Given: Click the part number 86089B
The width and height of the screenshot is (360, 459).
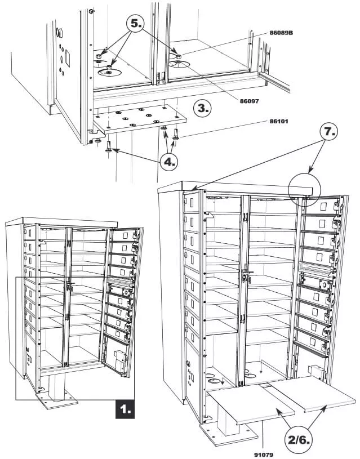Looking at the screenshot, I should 281,33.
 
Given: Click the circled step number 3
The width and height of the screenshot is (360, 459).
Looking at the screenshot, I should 203,108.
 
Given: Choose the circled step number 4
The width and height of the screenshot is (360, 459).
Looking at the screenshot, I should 169,162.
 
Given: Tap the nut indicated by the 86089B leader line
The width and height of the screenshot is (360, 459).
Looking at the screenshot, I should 178,57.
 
